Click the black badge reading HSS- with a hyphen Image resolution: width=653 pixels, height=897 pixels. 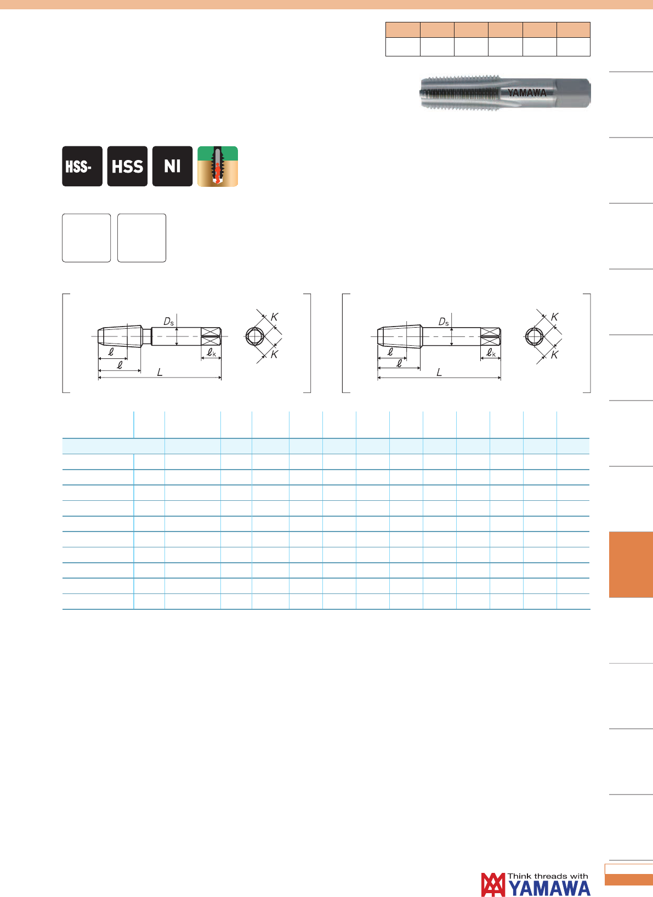point(82,166)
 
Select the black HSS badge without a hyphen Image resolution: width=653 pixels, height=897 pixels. point(127,166)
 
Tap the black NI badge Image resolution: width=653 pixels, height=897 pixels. point(172,166)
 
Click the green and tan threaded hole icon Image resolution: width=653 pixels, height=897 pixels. point(218,166)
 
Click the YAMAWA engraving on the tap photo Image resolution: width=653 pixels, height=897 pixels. point(527,93)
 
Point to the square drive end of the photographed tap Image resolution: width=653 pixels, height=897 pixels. point(573,93)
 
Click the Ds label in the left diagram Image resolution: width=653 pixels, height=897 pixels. point(169,322)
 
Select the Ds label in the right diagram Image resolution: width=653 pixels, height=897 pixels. point(444,322)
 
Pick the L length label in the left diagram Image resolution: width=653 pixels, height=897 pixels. point(160,372)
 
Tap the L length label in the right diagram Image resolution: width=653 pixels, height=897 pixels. point(439,372)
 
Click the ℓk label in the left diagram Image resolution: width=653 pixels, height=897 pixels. point(212,352)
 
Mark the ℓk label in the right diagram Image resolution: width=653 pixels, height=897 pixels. point(491,352)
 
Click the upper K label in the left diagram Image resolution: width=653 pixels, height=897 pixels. point(275,317)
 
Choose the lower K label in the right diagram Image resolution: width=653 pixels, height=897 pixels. point(554,355)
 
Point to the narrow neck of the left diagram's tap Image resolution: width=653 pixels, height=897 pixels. point(146,336)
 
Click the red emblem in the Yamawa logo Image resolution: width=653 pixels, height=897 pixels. point(493,884)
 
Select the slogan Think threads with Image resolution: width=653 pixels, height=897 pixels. point(548,876)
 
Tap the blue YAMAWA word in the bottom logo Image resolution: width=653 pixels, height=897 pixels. point(549,889)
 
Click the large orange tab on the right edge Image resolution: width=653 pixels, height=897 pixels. point(631,564)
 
